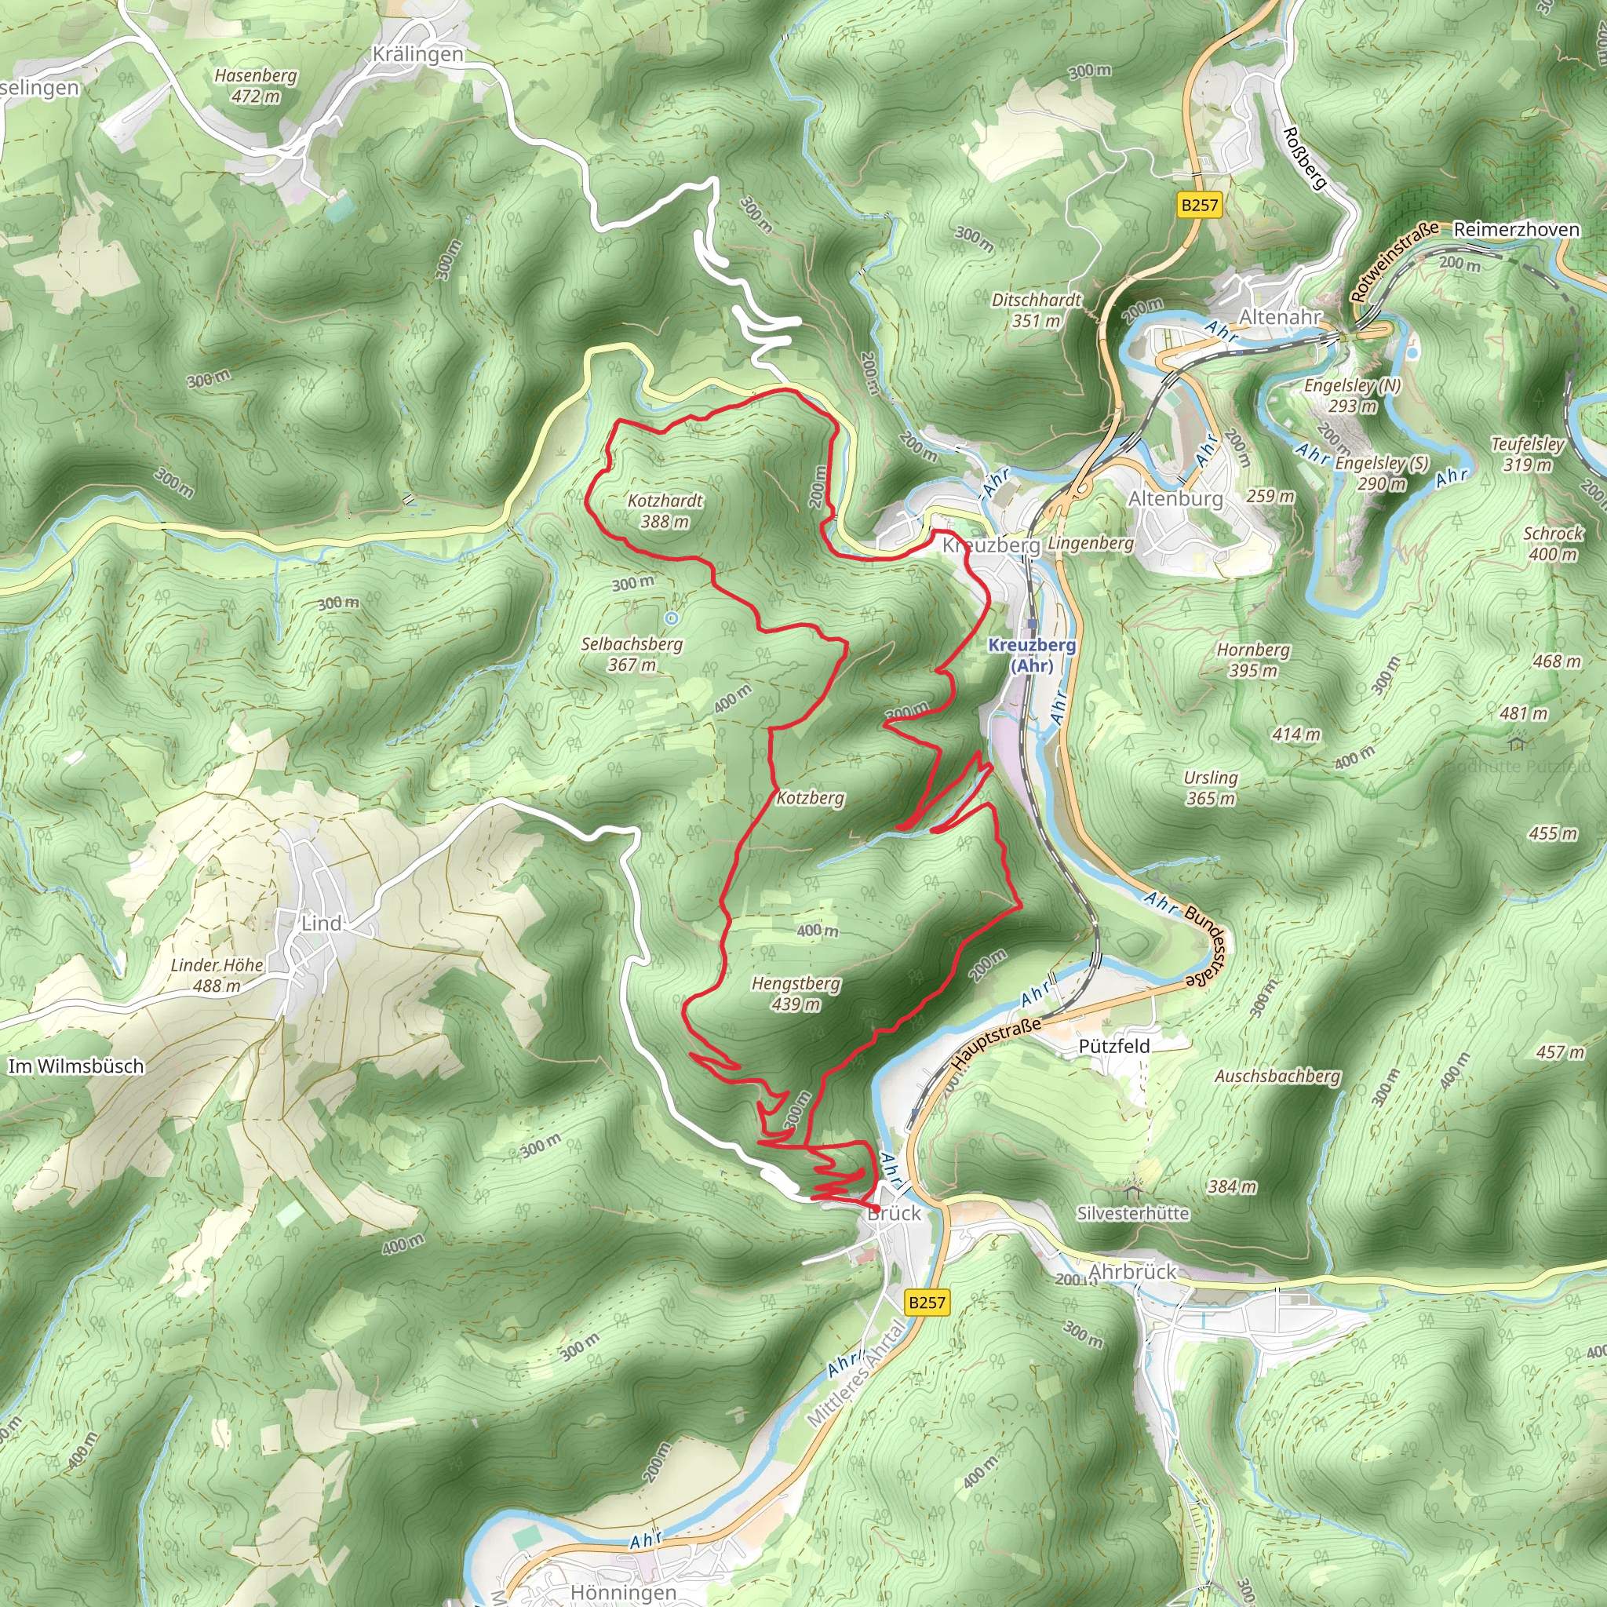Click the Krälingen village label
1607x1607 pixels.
(x=417, y=55)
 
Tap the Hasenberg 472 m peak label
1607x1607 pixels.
(x=255, y=86)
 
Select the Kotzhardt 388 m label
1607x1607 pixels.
(x=665, y=511)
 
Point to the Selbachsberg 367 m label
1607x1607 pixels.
(x=632, y=654)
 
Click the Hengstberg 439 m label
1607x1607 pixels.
(x=796, y=993)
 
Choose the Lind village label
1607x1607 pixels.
(x=321, y=924)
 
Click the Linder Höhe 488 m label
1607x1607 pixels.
(x=217, y=975)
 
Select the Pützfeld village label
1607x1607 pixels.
(x=1113, y=1047)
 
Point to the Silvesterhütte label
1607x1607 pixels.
(x=1133, y=1214)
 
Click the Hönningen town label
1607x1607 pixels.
(x=623, y=1592)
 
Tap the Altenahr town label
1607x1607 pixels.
(x=1280, y=317)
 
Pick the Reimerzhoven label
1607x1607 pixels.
(x=1516, y=230)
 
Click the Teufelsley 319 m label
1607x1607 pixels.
(x=1528, y=454)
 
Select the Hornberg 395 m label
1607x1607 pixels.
(x=1252, y=660)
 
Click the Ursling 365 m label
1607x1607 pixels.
(x=1211, y=788)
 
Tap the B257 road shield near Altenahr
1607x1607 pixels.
(x=1200, y=205)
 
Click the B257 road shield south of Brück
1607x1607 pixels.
(x=927, y=1303)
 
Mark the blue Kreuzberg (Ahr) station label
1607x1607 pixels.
(x=1031, y=654)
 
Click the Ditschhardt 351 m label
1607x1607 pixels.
(x=1037, y=309)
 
